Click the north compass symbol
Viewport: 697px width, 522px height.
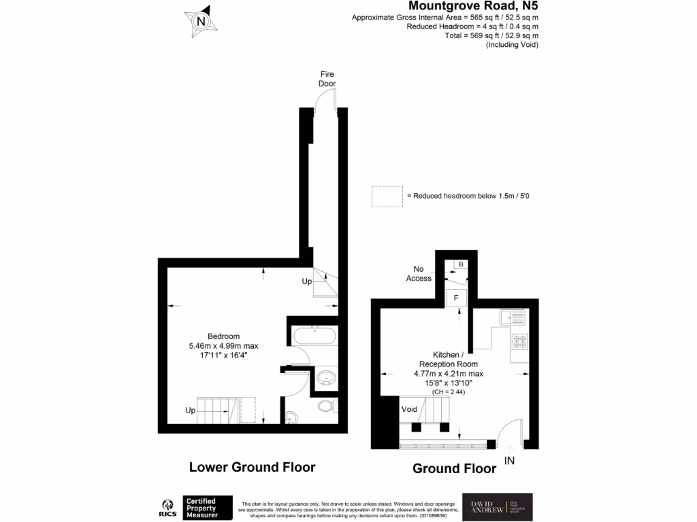pyautogui.click(x=201, y=20)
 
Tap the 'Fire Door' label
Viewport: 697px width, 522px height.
pyautogui.click(x=327, y=79)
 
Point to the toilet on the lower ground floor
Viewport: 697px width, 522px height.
pyautogui.click(x=325, y=406)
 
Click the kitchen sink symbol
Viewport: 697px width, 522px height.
pyautogui.click(x=511, y=317)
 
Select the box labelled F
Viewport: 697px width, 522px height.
pyautogui.click(x=456, y=298)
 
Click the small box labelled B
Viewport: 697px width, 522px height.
pyautogui.click(x=461, y=264)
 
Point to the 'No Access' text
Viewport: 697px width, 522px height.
pyautogui.click(x=419, y=273)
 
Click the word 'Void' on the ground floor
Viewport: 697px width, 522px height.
pyautogui.click(x=409, y=410)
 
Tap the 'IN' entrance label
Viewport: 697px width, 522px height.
pyautogui.click(x=510, y=461)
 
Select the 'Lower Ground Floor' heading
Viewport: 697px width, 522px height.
pyautogui.click(x=252, y=467)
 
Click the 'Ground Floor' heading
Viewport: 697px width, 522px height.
pyautogui.click(x=455, y=468)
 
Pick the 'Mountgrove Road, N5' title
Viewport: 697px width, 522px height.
pyautogui.click(x=474, y=6)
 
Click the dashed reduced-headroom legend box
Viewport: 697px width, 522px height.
pyautogui.click(x=387, y=196)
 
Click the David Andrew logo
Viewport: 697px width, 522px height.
pyautogui.click(x=498, y=506)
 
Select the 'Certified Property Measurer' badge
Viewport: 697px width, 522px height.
pyautogui.click(x=208, y=508)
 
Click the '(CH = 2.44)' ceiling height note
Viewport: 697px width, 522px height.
pyautogui.click(x=449, y=391)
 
